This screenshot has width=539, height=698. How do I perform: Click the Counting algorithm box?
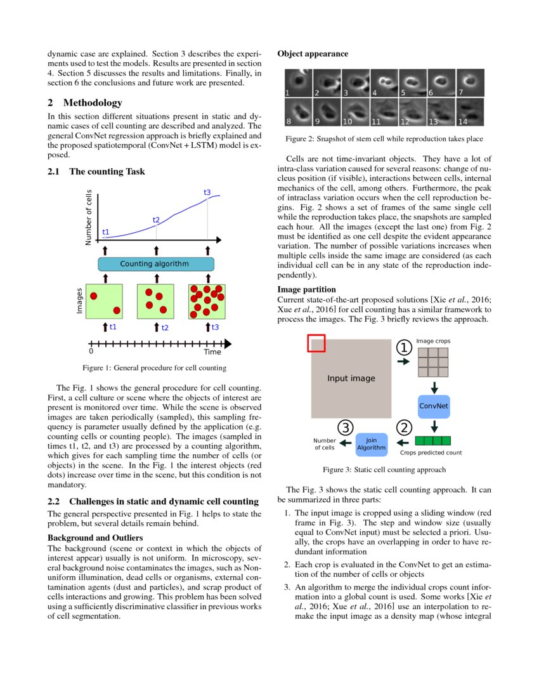[156, 263]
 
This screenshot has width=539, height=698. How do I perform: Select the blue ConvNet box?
[434, 405]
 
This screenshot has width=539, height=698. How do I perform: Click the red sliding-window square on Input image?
[316, 343]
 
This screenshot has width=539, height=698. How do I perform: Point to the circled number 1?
[404, 347]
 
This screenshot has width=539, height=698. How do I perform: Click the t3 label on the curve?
[207, 192]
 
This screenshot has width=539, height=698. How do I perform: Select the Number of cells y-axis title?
[89, 218]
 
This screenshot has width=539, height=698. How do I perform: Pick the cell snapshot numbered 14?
[470, 112]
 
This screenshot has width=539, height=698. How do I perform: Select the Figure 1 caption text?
[154, 367]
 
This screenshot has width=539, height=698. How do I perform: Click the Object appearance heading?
[313, 54]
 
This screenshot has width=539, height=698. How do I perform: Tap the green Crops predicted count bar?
[432, 440]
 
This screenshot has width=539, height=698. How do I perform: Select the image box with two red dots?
[104, 301]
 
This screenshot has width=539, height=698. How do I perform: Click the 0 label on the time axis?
[91, 351]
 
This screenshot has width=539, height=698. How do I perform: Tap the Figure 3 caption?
[384, 470]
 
